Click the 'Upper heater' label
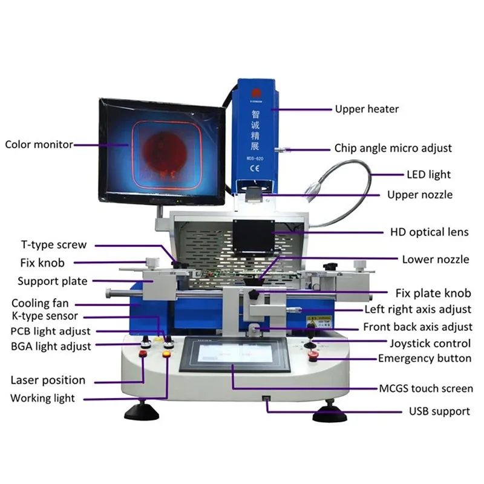[x=367, y=110]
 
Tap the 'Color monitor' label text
[x=39, y=145]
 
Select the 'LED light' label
[x=428, y=175]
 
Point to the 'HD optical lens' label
[x=429, y=232]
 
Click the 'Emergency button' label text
[x=424, y=359]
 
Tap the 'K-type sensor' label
[x=44, y=316]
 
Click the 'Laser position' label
[x=48, y=381]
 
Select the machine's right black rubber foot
[x=329, y=415]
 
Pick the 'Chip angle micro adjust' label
[x=393, y=148]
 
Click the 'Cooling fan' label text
[x=40, y=303]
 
